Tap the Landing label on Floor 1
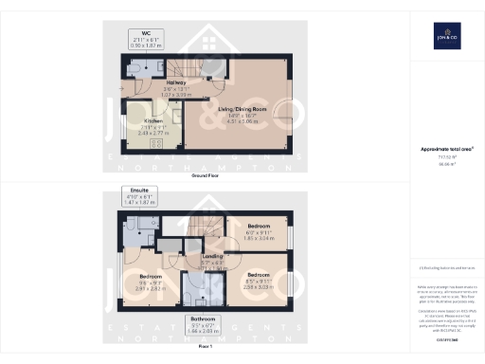click(x=212, y=257)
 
